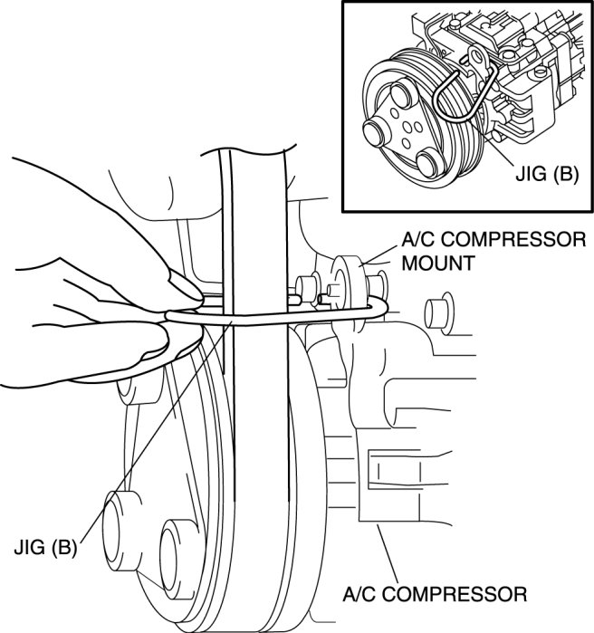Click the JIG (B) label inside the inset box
(x=547, y=174)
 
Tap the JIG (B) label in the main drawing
(x=45, y=548)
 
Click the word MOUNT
(x=438, y=264)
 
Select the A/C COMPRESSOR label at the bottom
(x=435, y=594)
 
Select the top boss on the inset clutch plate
(x=401, y=95)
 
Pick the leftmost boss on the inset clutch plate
(x=375, y=131)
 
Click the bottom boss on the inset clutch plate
(x=427, y=165)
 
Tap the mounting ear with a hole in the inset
(x=477, y=56)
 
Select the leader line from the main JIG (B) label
(x=157, y=431)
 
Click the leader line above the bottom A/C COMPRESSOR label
(x=388, y=553)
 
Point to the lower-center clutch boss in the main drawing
(x=177, y=559)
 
